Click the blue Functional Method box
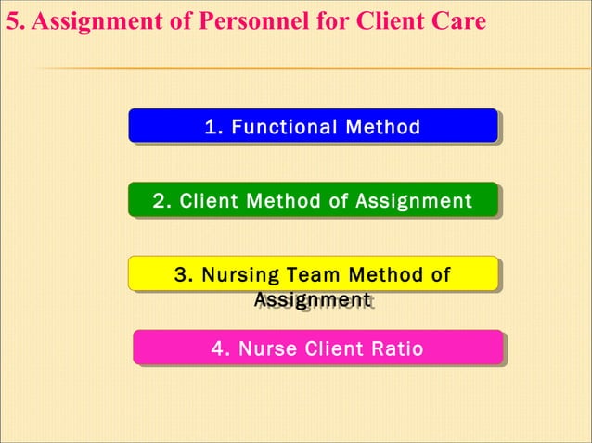313,125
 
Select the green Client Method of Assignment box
313,199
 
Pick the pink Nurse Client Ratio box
317,348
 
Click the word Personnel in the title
230,20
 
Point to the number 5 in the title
12,20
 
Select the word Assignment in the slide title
89,20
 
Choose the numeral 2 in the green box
159,200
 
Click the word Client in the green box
209,200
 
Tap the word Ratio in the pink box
396,348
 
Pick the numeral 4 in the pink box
218,348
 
